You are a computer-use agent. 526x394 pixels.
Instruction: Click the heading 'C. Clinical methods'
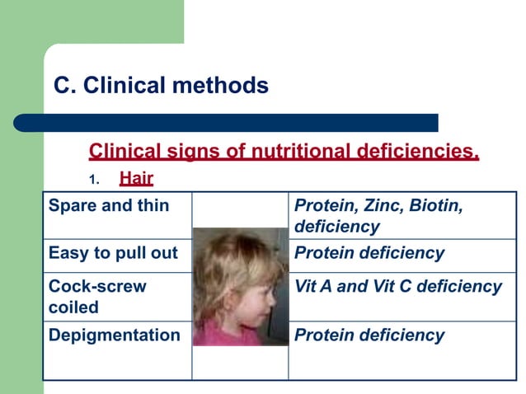pos(161,86)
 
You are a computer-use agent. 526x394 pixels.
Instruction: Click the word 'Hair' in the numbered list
pos(136,177)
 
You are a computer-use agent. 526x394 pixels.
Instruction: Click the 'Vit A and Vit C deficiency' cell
pos(398,287)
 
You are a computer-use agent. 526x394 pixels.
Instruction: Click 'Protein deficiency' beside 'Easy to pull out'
pos(369,253)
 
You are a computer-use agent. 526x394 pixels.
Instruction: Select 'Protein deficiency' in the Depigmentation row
pos(369,335)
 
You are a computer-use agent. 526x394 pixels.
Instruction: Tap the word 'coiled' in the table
pos(73,307)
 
